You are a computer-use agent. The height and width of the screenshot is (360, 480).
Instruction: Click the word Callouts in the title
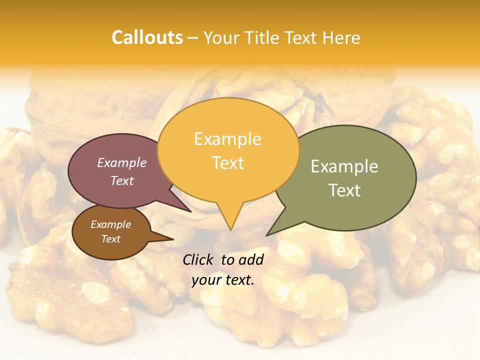[147, 37]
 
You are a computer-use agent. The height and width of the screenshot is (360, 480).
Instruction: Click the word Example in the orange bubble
[227, 139]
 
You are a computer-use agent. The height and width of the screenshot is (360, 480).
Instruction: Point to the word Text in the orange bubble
[227, 163]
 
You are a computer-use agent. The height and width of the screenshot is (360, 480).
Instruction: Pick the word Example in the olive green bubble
[344, 166]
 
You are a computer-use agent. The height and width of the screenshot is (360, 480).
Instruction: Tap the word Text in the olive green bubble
[344, 190]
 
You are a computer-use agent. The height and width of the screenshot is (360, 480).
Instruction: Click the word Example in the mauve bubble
[122, 163]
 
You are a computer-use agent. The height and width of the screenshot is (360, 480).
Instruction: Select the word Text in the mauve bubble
[122, 180]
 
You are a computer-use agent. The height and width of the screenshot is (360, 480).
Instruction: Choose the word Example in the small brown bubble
[110, 224]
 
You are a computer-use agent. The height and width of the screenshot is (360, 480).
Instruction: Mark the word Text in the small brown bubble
[110, 239]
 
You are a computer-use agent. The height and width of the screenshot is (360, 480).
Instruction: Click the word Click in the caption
[198, 259]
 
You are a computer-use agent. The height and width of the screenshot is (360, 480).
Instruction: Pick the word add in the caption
[251, 259]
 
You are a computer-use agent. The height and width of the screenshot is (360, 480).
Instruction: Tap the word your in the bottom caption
[206, 280]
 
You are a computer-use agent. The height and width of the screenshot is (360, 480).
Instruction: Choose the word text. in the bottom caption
[238, 280]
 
